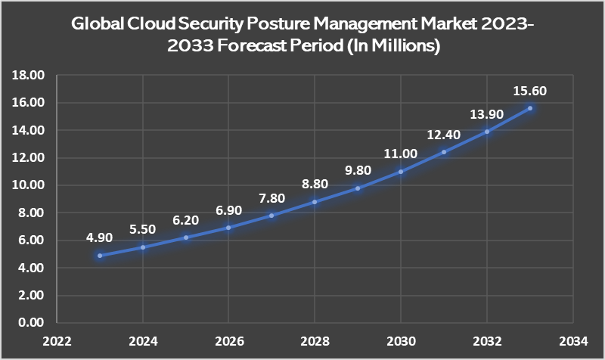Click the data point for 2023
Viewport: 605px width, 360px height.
pyautogui.click(x=99, y=256)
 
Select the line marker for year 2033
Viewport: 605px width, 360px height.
pyautogui.click(x=530, y=108)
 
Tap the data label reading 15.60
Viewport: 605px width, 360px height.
pyautogui.click(x=530, y=91)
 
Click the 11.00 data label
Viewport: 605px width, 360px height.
pyautogui.click(x=401, y=154)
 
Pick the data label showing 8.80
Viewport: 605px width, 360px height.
pyautogui.click(x=315, y=184)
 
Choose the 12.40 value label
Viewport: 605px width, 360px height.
pyautogui.click(x=444, y=135)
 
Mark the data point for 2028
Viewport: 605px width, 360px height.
pyautogui.click(x=315, y=202)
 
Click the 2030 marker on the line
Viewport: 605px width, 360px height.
pyautogui.click(x=401, y=172)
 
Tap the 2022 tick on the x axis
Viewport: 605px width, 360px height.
pyautogui.click(x=56, y=339)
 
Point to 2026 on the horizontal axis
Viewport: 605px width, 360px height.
pyautogui.click(x=228, y=339)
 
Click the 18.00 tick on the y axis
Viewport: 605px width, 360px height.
pyautogui.click(x=29, y=75)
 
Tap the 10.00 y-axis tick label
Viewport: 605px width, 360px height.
pyautogui.click(x=29, y=185)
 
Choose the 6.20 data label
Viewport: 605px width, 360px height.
pyautogui.click(x=185, y=219)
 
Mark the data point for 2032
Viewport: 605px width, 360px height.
pyautogui.click(x=487, y=132)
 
